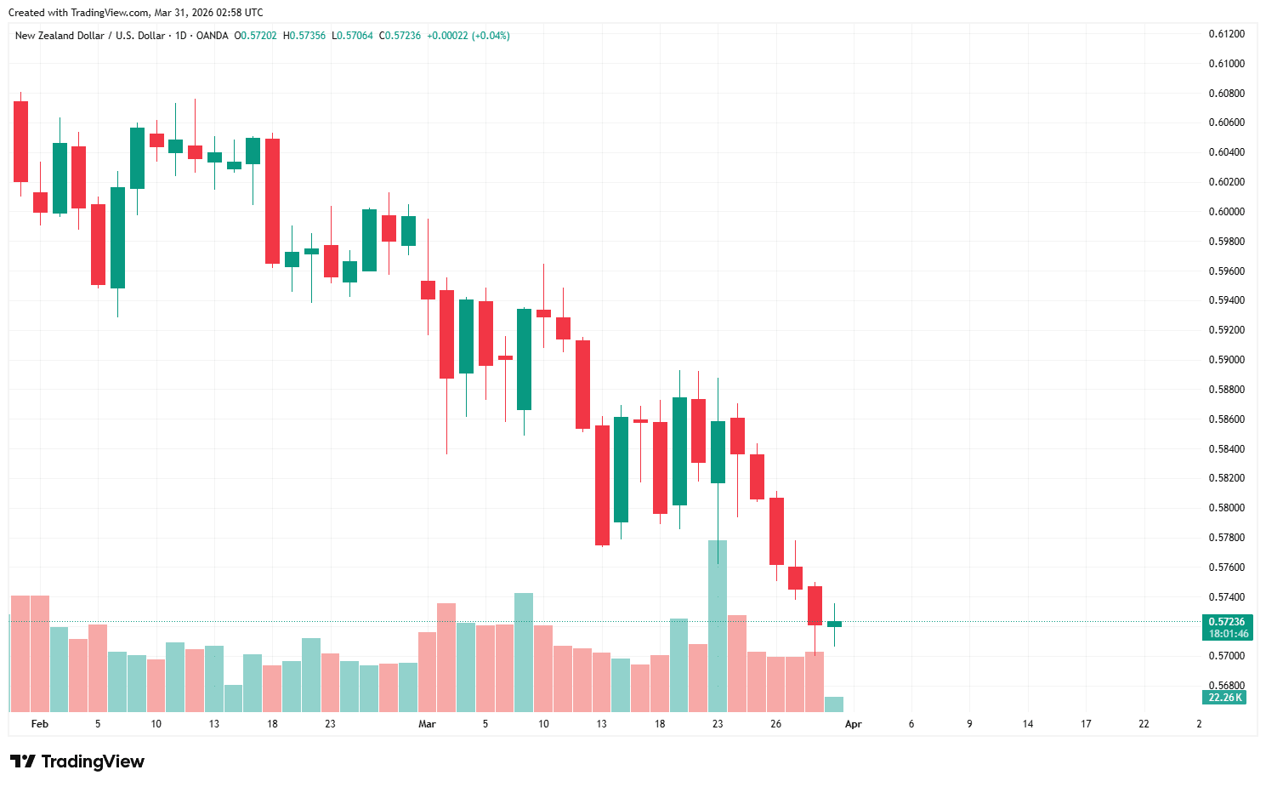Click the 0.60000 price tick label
click(1226, 212)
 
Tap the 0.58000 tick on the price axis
click(1226, 508)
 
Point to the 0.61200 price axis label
click(1226, 34)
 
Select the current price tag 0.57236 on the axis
click(1226, 622)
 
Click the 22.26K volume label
click(1225, 698)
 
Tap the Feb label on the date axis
click(39, 724)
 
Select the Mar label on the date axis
click(427, 724)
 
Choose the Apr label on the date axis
click(853, 724)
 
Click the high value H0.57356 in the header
click(304, 36)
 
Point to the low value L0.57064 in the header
click(352, 36)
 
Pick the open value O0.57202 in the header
click(256, 36)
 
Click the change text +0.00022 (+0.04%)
click(468, 36)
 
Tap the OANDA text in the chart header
click(212, 36)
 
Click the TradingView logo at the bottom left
click(77, 761)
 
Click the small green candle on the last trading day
click(834, 624)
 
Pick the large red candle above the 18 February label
click(272, 201)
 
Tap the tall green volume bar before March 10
click(524, 652)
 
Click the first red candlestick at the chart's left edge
click(20, 141)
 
